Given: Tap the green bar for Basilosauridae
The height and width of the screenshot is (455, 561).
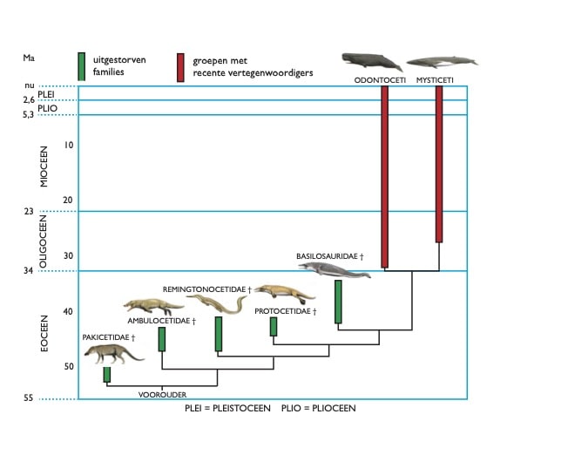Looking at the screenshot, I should [338, 302].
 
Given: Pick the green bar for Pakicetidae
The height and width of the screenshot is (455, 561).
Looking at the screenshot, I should [107, 374].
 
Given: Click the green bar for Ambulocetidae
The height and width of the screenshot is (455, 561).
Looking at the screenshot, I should [162, 339].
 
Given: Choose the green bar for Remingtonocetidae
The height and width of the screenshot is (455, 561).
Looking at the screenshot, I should [219, 334].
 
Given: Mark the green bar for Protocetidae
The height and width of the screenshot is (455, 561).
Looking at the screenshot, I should [274, 326].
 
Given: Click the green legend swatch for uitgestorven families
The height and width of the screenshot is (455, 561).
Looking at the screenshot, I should [81, 66].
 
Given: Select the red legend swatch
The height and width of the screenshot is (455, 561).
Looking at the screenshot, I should [181, 67].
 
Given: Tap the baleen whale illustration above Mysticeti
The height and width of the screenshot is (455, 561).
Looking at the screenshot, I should [442, 63].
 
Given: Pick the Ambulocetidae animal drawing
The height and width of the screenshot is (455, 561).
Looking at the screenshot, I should [152, 305].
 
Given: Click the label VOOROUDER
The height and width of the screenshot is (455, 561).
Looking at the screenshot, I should [163, 394].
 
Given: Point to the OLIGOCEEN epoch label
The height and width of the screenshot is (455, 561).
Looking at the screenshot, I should [45, 241].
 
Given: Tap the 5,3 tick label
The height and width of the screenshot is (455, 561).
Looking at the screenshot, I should [29, 115].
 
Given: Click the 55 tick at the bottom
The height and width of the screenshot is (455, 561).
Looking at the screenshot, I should [28, 398].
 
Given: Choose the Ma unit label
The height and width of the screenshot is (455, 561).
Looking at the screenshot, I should [29, 58].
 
